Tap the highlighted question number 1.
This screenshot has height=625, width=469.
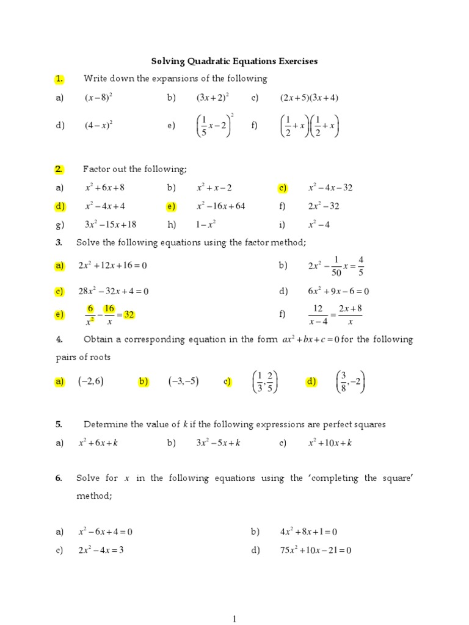tap(59, 79)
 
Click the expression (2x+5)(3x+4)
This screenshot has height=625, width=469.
tap(309, 98)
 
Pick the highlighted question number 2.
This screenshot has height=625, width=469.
tap(59, 169)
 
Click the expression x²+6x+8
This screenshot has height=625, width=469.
tap(105, 188)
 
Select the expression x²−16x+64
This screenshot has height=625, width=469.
tap(220, 206)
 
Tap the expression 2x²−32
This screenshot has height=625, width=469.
tap(324, 206)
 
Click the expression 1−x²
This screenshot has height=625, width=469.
tap(206, 225)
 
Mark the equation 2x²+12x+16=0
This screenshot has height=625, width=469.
tap(113, 266)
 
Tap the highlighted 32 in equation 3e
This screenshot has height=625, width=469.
tap(128, 315)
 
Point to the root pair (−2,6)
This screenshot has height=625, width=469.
tap(90, 381)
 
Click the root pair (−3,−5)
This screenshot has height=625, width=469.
tap(184, 381)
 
